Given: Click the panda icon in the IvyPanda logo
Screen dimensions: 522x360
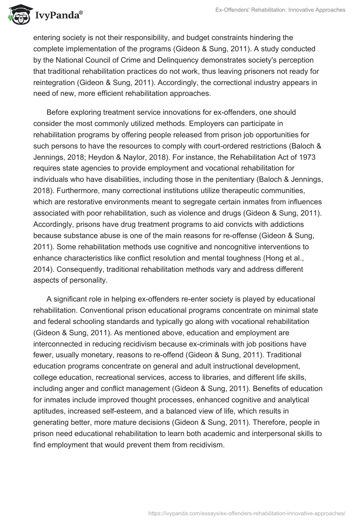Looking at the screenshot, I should pos(17,14).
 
